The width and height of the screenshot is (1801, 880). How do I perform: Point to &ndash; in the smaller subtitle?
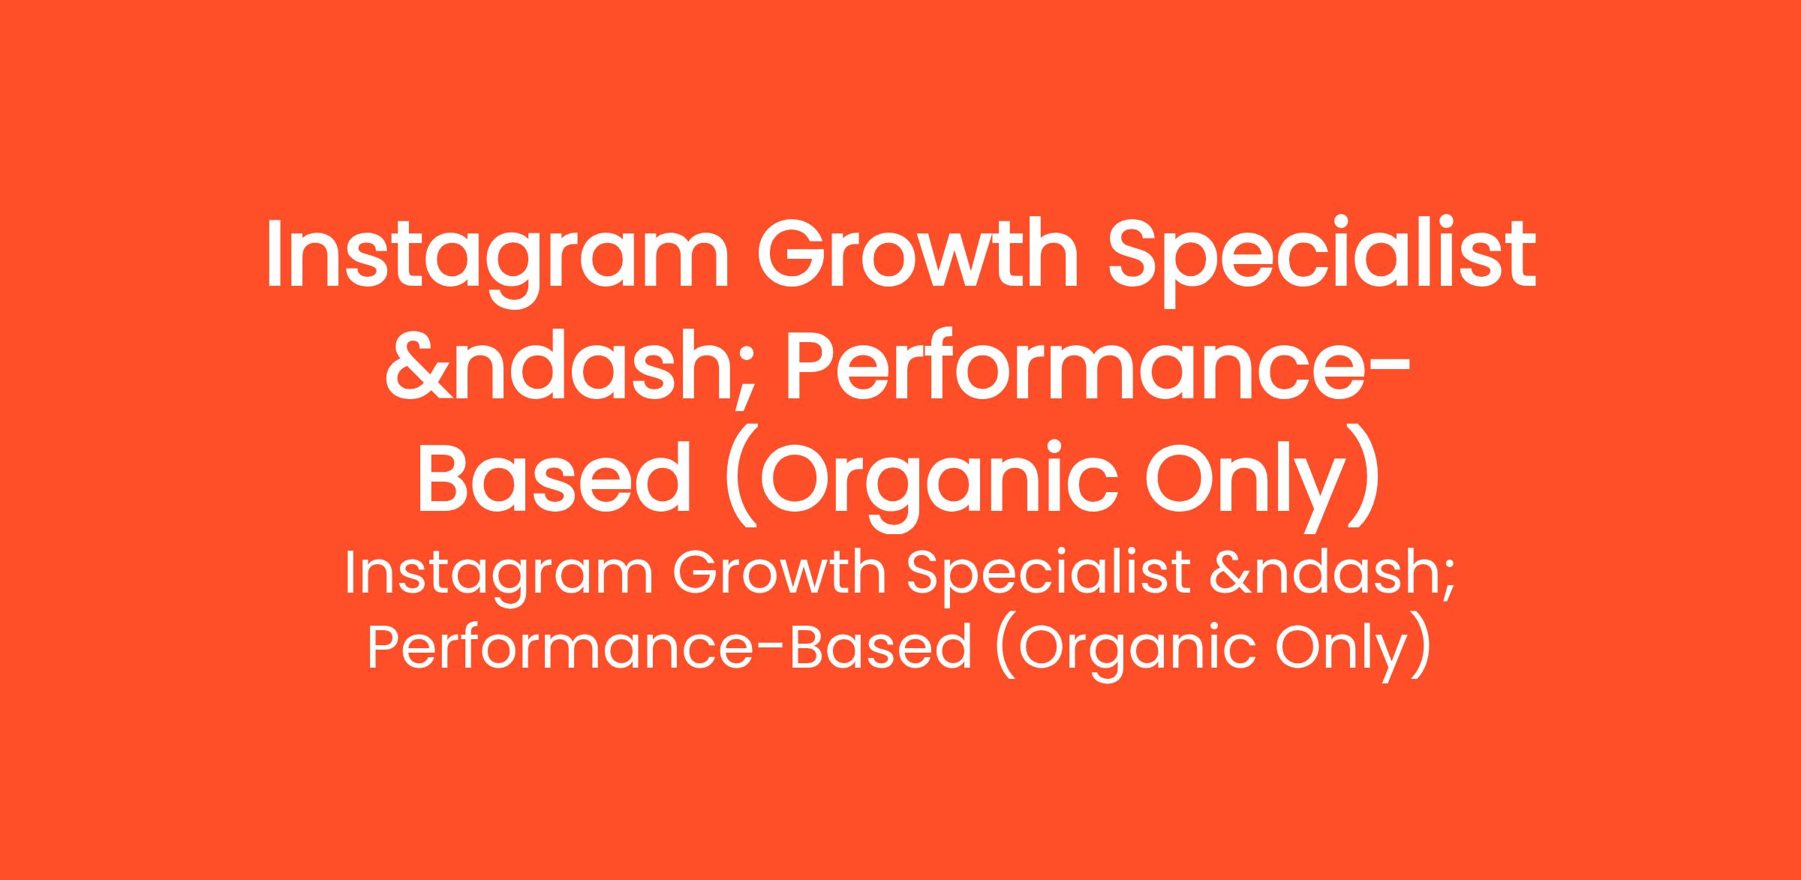[1333, 575]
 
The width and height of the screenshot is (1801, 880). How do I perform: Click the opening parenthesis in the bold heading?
[739, 481]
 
